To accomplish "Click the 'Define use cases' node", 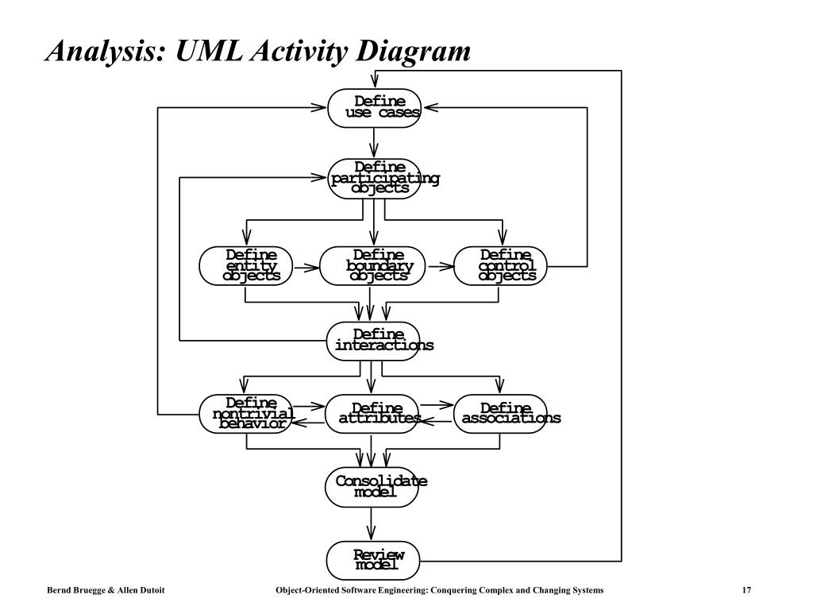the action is (374, 108).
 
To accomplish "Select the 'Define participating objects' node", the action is (374, 179).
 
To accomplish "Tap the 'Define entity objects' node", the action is (246, 266).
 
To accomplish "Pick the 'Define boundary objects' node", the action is (372, 266).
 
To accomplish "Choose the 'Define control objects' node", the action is (500, 266).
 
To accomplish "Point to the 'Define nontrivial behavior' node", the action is (246, 414).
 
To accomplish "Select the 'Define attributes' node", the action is (372, 414).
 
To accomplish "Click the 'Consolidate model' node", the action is (372, 488).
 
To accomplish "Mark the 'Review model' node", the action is (373, 561).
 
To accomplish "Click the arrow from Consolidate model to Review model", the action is (371, 524).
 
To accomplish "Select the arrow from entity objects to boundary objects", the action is (306, 268).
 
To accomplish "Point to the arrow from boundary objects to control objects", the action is (440, 267).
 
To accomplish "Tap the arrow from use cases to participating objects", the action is (374, 143).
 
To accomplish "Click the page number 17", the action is (746, 590).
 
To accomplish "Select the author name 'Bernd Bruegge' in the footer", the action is (76, 590).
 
